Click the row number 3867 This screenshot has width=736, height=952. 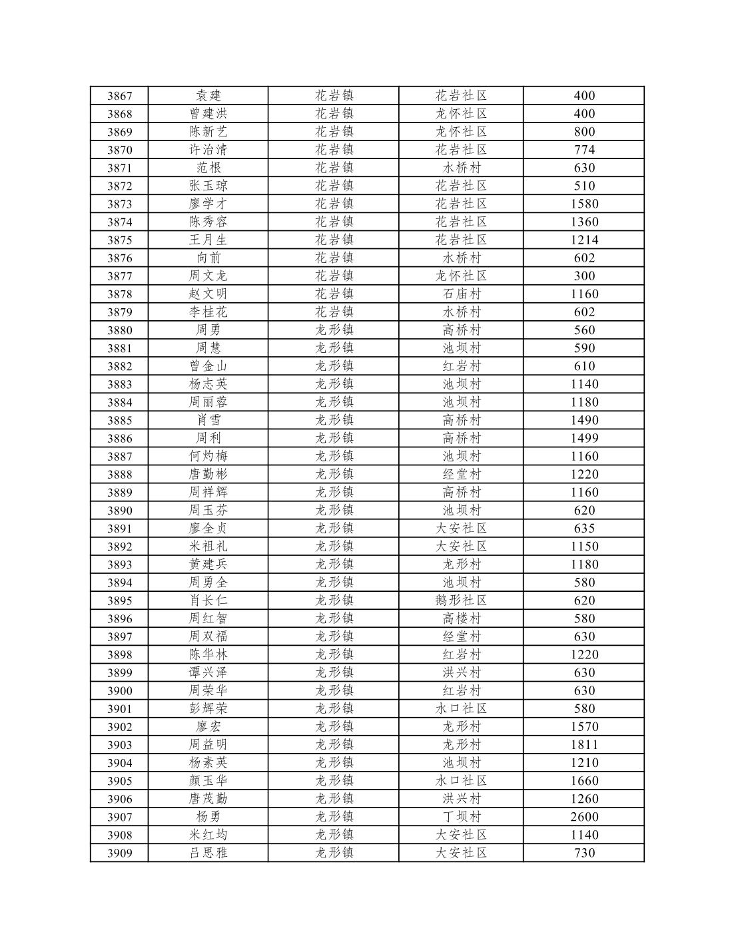coord(120,96)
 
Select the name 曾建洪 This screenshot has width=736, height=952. coord(208,114)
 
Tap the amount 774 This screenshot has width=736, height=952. coord(584,150)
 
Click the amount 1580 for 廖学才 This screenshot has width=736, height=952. coord(584,204)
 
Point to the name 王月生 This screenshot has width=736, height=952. coord(208,240)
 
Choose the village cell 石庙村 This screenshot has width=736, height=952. coord(461,294)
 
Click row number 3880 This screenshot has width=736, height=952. coord(120,330)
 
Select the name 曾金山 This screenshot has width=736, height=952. coord(208,366)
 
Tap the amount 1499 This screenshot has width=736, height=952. coord(584,438)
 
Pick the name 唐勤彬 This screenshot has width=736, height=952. coord(208,474)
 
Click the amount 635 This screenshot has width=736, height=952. coord(584,529)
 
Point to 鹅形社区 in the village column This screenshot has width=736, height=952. coord(461,600)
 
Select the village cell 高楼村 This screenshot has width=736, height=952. coord(461,618)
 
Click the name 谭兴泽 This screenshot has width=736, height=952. coord(208,672)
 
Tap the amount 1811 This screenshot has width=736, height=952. coord(584,744)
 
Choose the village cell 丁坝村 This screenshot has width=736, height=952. coord(461,817)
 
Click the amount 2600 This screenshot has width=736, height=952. coord(584,817)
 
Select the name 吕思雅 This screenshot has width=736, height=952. coord(208,853)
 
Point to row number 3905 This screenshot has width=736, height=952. coord(120,781)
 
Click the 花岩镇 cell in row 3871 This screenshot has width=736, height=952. coord(334,168)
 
